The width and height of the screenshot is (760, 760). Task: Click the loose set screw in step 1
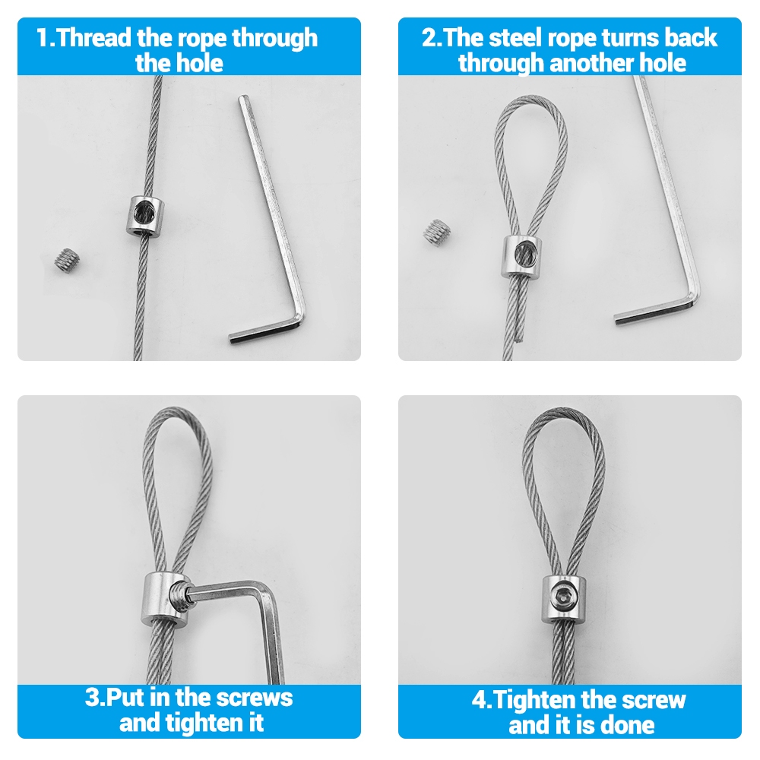click(x=67, y=261)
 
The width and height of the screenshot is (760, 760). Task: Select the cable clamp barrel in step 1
click(x=145, y=215)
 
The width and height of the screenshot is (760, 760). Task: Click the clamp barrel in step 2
click(x=520, y=256)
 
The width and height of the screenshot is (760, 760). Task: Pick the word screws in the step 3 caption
click(x=255, y=698)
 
